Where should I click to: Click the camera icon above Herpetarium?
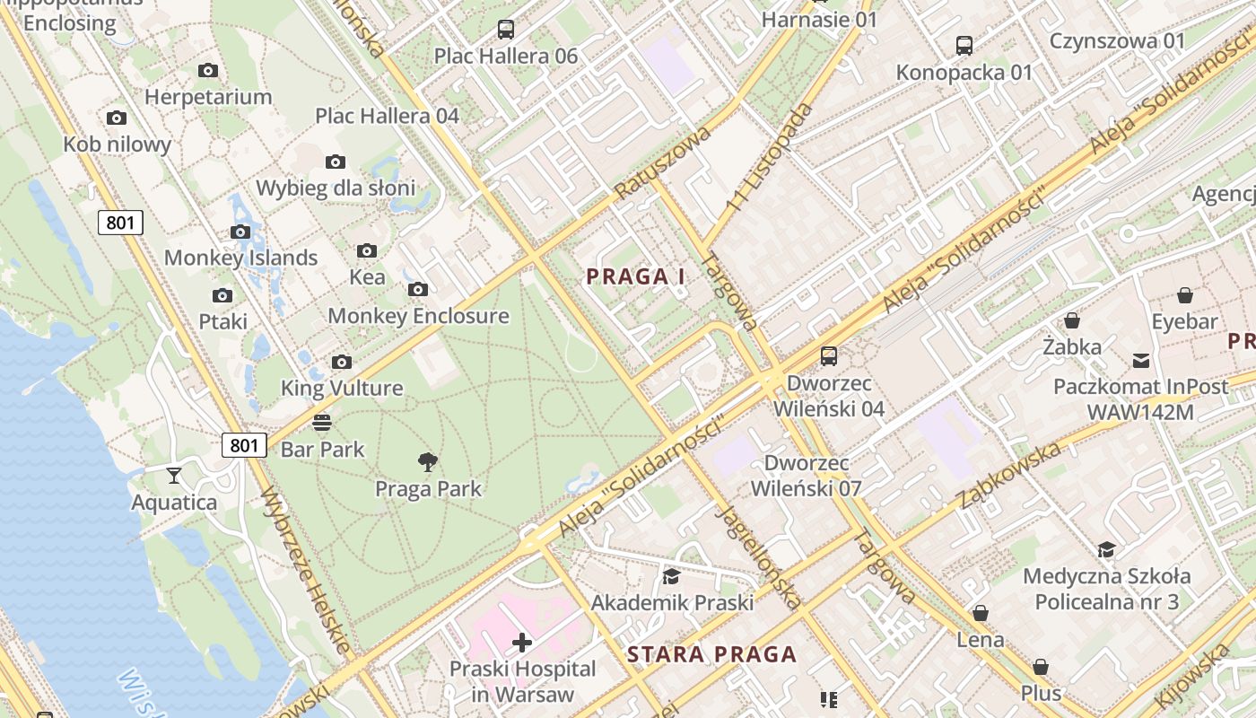point(208,70)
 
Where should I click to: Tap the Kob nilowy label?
point(117,144)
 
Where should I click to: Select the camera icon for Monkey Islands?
point(240,232)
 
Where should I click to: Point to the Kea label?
point(367,276)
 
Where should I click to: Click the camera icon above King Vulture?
point(342,362)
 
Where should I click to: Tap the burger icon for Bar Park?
point(322,422)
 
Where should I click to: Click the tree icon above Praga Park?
point(428,462)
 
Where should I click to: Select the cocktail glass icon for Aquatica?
point(174,475)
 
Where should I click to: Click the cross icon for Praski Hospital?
point(522,642)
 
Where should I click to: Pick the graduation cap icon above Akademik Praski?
point(671,576)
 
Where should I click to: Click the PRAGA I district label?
point(635,276)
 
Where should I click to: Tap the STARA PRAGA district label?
point(711,654)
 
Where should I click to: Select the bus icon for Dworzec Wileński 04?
point(829,356)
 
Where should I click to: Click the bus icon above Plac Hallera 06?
point(506,29)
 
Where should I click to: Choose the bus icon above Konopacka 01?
point(964,45)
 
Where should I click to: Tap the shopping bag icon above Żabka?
point(1071,320)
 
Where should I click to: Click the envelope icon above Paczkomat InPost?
point(1140,360)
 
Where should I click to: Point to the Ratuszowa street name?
point(663,162)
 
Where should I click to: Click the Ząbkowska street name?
point(1009,475)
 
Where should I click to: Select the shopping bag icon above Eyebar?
point(1185,294)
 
